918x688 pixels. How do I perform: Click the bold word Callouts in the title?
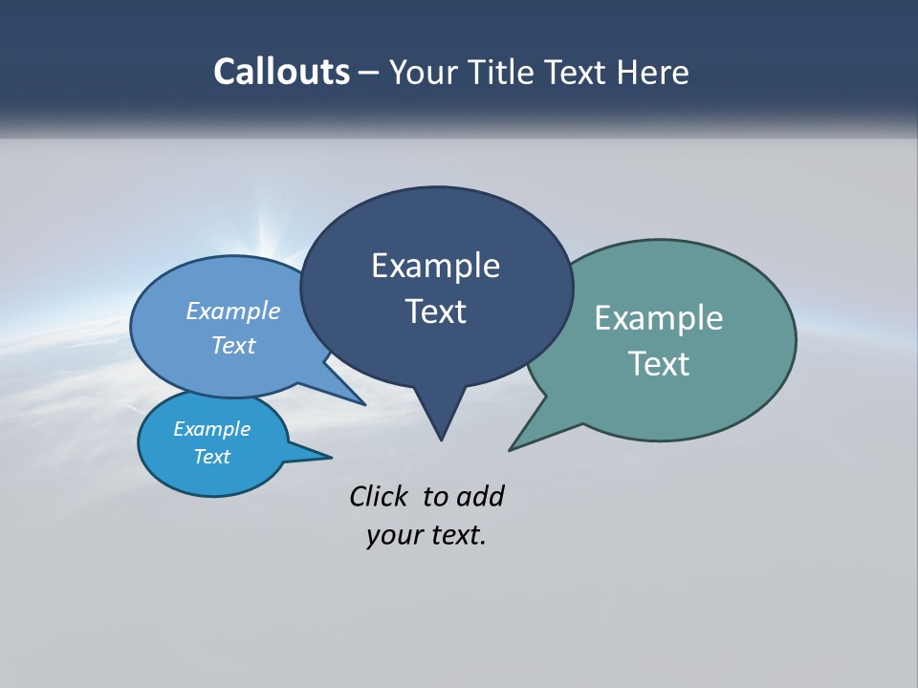pyautogui.click(x=281, y=72)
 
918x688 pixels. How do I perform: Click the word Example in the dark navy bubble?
pyautogui.click(x=435, y=266)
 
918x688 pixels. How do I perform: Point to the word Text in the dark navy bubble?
pyautogui.click(x=435, y=312)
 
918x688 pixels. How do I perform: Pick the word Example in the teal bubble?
pyautogui.click(x=659, y=318)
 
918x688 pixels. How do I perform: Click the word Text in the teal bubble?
pyautogui.click(x=659, y=364)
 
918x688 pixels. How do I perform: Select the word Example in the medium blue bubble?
pyautogui.click(x=233, y=312)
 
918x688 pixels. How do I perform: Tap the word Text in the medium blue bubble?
pyautogui.click(x=233, y=345)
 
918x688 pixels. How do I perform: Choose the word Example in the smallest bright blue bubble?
pyautogui.click(x=211, y=429)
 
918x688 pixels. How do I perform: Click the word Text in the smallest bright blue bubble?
pyautogui.click(x=211, y=457)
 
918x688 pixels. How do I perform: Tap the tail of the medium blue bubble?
pyautogui.click(x=356, y=400)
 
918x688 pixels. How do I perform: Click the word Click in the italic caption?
pyautogui.click(x=379, y=496)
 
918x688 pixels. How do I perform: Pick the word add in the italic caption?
pyautogui.click(x=480, y=496)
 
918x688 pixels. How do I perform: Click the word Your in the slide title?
pyautogui.click(x=425, y=72)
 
